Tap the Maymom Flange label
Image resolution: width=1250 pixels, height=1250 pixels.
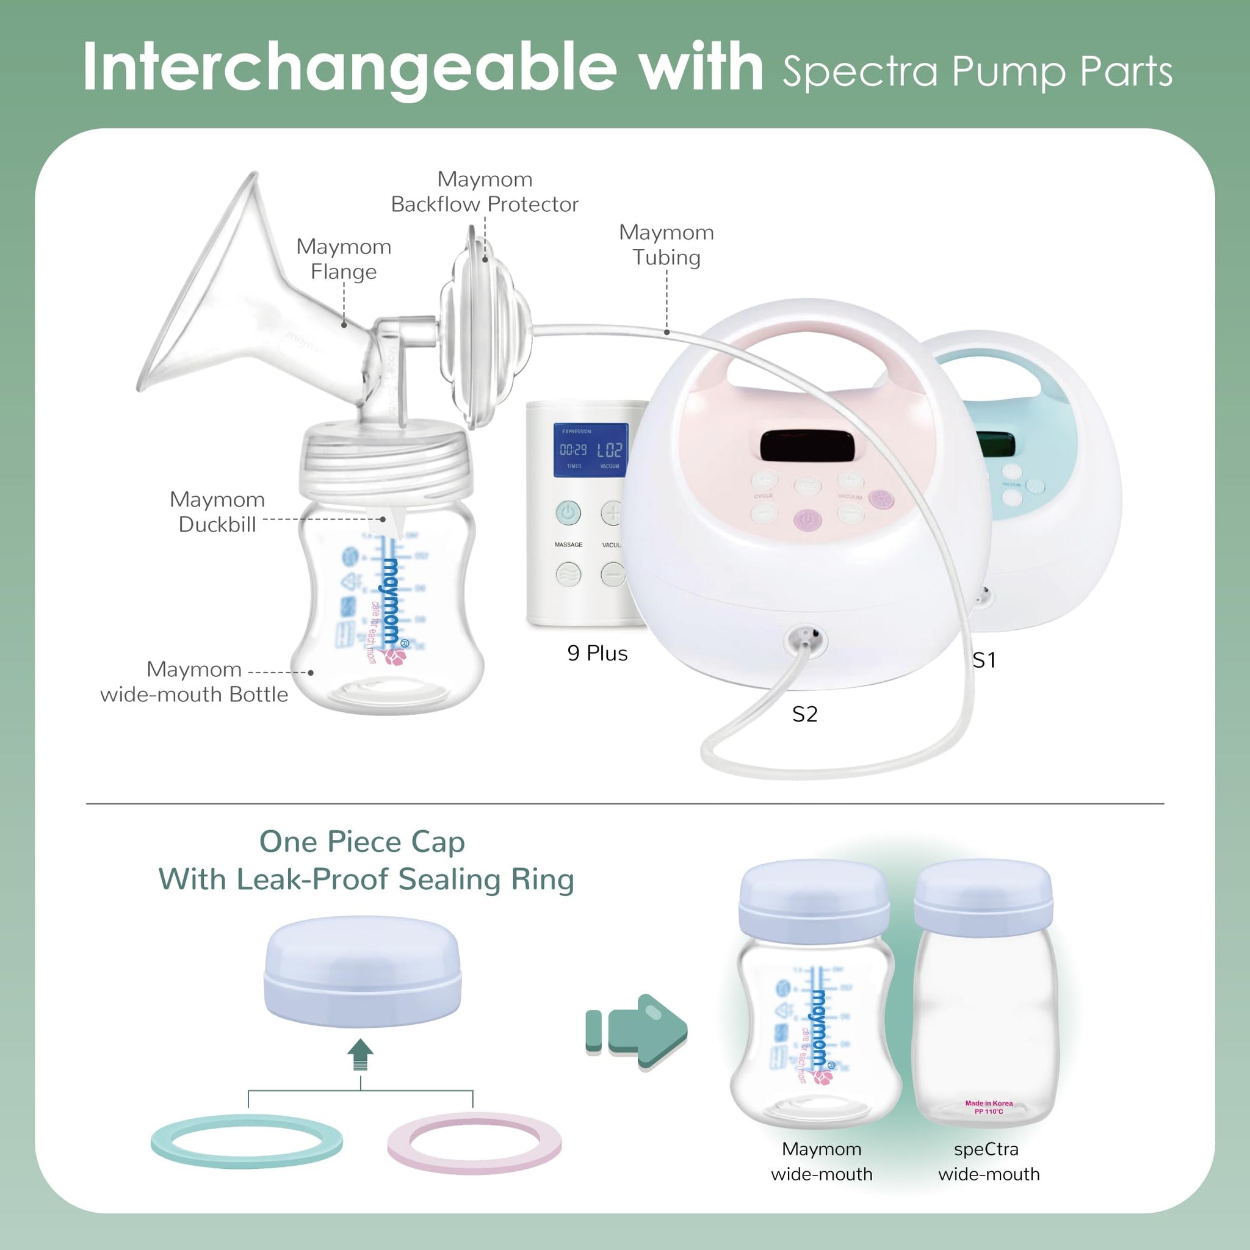coord(344,259)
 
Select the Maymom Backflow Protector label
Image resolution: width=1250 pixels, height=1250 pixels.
coord(485,192)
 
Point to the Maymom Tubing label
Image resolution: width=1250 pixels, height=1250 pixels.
coord(667,245)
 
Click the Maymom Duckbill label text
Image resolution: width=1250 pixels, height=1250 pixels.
coord(217,511)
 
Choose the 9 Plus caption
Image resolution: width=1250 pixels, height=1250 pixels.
coord(597,654)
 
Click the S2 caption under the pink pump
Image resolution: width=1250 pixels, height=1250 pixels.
coord(805,714)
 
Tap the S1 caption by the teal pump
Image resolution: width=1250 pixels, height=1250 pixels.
coord(984,660)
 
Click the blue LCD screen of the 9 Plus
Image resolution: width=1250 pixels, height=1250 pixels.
coord(590,450)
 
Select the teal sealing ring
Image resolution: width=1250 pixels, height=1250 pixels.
coord(247,1141)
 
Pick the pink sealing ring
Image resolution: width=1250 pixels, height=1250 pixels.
coord(474,1143)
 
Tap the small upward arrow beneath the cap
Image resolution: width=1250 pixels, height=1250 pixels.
coord(360,1055)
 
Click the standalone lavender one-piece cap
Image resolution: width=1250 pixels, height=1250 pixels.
coord(363,971)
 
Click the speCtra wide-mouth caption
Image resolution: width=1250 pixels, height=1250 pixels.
coord(989,1161)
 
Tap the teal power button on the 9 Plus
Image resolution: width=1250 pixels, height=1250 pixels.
coord(568,513)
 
